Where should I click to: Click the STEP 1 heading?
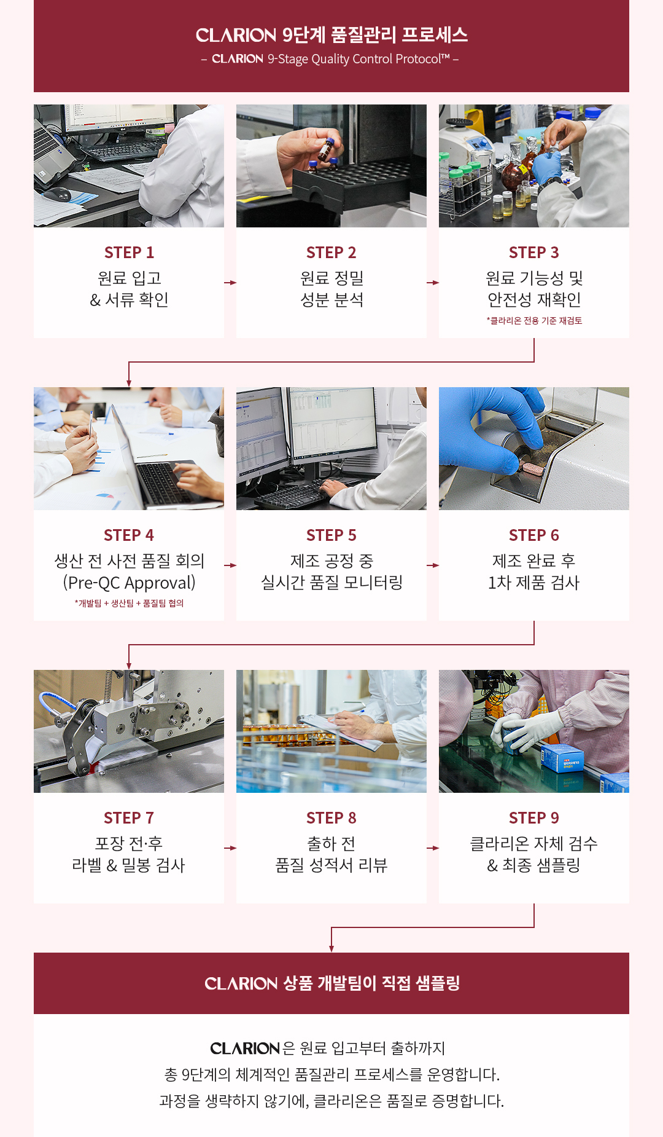pyautogui.click(x=129, y=253)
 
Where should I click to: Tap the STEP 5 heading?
pyautogui.click(x=331, y=535)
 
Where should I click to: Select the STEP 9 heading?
pyautogui.click(x=534, y=818)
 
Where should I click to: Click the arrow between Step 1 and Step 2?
pyautogui.click(x=230, y=283)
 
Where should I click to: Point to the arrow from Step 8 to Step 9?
pyautogui.click(x=433, y=848)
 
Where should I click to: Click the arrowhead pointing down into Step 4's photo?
pyautogui.click(x=129, y=383)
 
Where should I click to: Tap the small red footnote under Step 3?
pyautogui.click(x=534, y=321)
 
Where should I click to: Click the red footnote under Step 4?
pyautogui.click(x=129, y=604)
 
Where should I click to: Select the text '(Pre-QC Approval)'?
pyautogui.click(x=129, y=583)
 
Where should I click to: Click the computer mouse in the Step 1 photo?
pyautogui.click(x=59, y=194)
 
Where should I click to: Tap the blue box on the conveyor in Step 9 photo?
pyautogui.click(x=562, y=758)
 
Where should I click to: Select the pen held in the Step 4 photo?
pyautogui.click(x=91, y=425)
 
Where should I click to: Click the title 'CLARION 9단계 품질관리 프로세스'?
pyautogui.click(x=331, y=35)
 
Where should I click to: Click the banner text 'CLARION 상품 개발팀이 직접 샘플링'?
pyautogui.click(x=331, y=983)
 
